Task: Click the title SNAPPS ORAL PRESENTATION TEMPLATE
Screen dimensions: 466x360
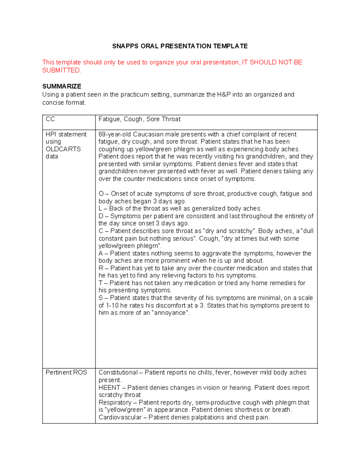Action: click(180, 46)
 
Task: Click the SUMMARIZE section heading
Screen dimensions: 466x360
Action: click(61, 86)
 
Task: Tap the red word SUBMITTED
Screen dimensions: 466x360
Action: click(61, 71)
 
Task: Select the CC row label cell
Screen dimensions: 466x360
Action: click(50, 119)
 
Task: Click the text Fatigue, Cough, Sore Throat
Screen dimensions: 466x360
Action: click(139, 119)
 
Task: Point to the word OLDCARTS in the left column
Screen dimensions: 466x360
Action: click(63, 149)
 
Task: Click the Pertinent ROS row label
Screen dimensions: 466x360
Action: click(66, 373)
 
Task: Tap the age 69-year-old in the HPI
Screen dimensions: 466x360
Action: click(115, 134)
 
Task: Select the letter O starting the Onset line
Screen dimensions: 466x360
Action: click(101, 194)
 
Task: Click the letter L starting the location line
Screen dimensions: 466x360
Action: click(100, 209)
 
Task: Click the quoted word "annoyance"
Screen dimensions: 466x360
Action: click(170, 313)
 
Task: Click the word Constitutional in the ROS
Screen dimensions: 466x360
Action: click(118, 373)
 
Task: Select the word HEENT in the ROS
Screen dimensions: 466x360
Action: click(109, 388)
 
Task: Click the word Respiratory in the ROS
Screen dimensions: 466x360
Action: click(115, 403)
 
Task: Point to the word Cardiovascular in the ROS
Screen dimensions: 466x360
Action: click(120, 417)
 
